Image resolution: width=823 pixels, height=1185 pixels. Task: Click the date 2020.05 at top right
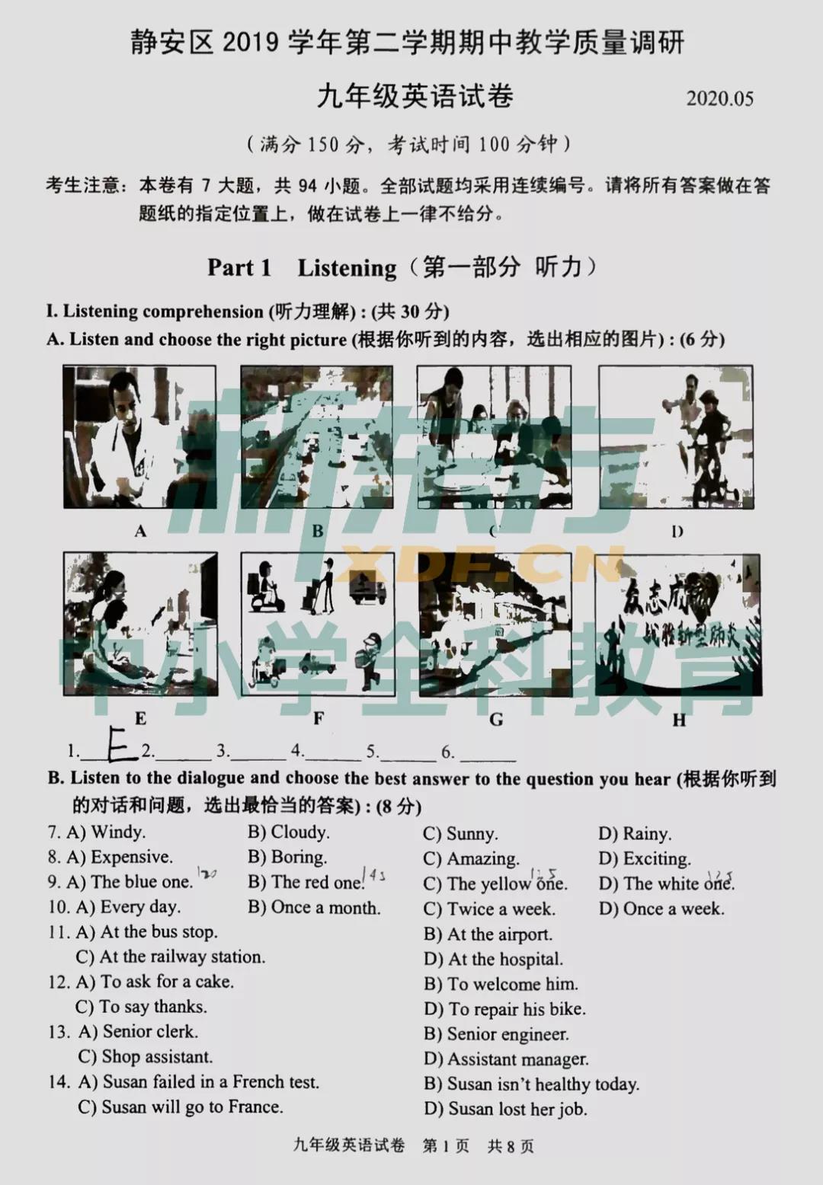pos(719,99)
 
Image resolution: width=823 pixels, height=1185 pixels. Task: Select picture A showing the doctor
pos(139,437)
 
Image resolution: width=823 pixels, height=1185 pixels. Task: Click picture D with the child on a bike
pos(676,437)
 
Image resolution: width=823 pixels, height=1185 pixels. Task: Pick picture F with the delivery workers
pos(318,624)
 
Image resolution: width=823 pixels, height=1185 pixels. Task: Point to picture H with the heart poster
pos(677,624)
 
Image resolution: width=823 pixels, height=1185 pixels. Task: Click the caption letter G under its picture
pos(496,719)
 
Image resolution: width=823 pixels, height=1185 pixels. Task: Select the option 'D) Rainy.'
pos(635,834)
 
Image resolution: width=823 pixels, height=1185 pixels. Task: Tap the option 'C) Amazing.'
pos(471,859)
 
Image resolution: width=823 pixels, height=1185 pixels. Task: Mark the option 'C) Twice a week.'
pos(489,909)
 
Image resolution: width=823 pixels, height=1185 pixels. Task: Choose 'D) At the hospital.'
pos(493,960)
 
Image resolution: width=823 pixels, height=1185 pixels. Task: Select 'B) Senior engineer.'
pos(496,1034)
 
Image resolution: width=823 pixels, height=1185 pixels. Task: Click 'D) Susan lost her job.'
pos(505,1109)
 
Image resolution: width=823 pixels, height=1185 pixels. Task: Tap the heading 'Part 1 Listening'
pos(302,268)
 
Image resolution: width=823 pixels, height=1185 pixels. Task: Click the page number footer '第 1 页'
pos(446,1146)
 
